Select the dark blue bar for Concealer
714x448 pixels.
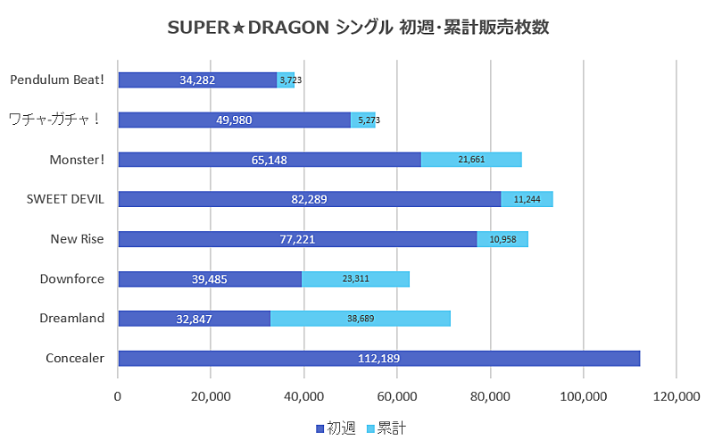pos(378,358)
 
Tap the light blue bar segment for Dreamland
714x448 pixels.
pos(360,319)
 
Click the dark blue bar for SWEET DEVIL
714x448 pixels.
pos(309,199)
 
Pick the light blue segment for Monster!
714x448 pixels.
pos(471,160)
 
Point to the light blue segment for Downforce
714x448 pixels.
pos(355,278)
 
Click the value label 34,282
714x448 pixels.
pos(197,80)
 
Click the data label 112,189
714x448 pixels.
pos(378,359)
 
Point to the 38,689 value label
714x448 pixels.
pos(360,319)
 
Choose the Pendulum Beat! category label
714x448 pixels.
pos(57,79)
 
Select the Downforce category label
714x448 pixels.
pos(72,278)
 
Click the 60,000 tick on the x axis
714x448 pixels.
pos(397,397)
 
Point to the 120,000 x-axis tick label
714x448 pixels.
pos(676,397)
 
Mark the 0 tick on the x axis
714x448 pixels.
pos(118,397)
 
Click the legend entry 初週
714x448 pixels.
pos(336,429)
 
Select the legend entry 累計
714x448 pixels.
pos(386,429)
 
